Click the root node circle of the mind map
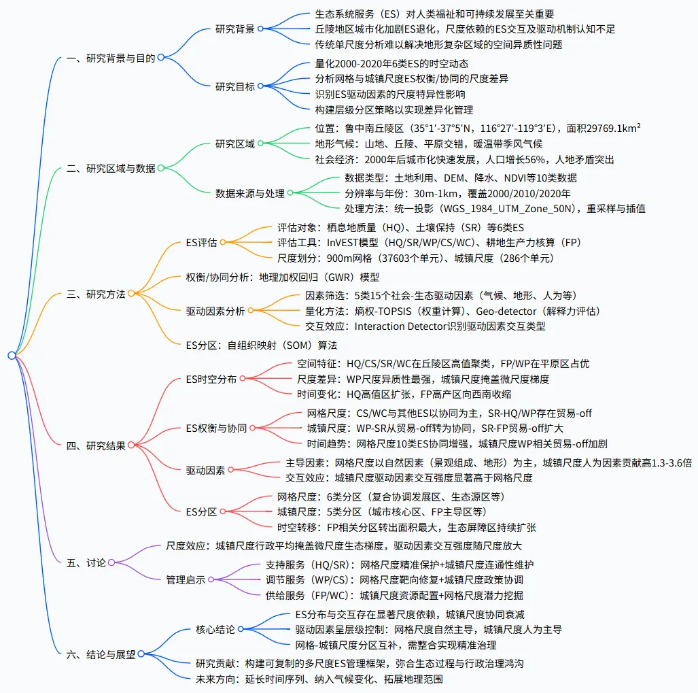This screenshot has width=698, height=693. pyautogui.click(x=12, y=355)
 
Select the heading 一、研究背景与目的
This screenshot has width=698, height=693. pyautogui.click(x=111, y=58)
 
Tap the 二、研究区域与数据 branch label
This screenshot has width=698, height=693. pyautogui.click(x=111, y=168)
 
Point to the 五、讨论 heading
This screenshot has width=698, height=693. pyautogui.click(x=86, y=562)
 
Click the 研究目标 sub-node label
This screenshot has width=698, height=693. pyautogui.click(x=235, y=86)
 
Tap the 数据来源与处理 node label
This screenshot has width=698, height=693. pyautogui.click(x=249, y=193)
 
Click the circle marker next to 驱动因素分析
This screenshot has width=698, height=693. pyautogui.click(x=251, y=311)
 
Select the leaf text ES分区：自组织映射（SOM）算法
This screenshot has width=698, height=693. pyautogui.click(x=262, y=345)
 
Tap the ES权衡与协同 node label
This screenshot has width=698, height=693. pyautogui.click(x=216, y=428)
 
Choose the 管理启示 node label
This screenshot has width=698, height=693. pyautogui.click(x=186, y=579)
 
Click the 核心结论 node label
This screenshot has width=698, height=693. pyautogui.click(x=215, y=629)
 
